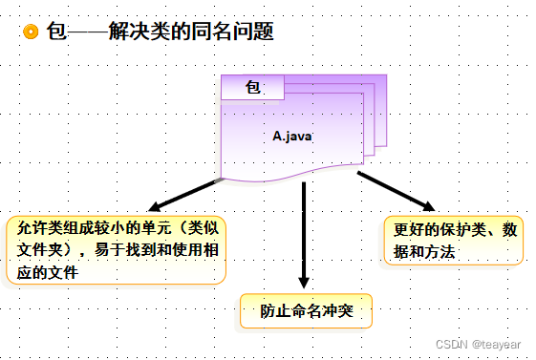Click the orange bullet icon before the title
pos(31,32)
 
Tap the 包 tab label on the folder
pos(253,87)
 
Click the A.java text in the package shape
pos(292,136)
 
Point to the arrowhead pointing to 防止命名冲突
pos(304,283)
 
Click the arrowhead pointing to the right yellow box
pos(427,205)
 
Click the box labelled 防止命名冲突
pos(304,311)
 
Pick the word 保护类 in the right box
pos(465,231)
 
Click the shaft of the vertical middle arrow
pos(304,229)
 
